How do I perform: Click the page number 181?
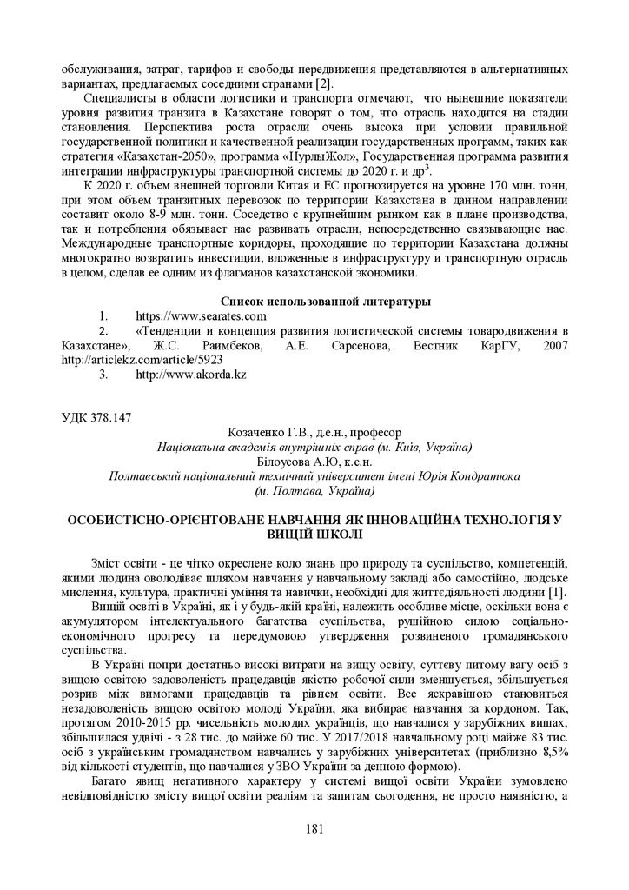(x=314, y=828)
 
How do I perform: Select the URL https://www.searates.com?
(x=201, y=316)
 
